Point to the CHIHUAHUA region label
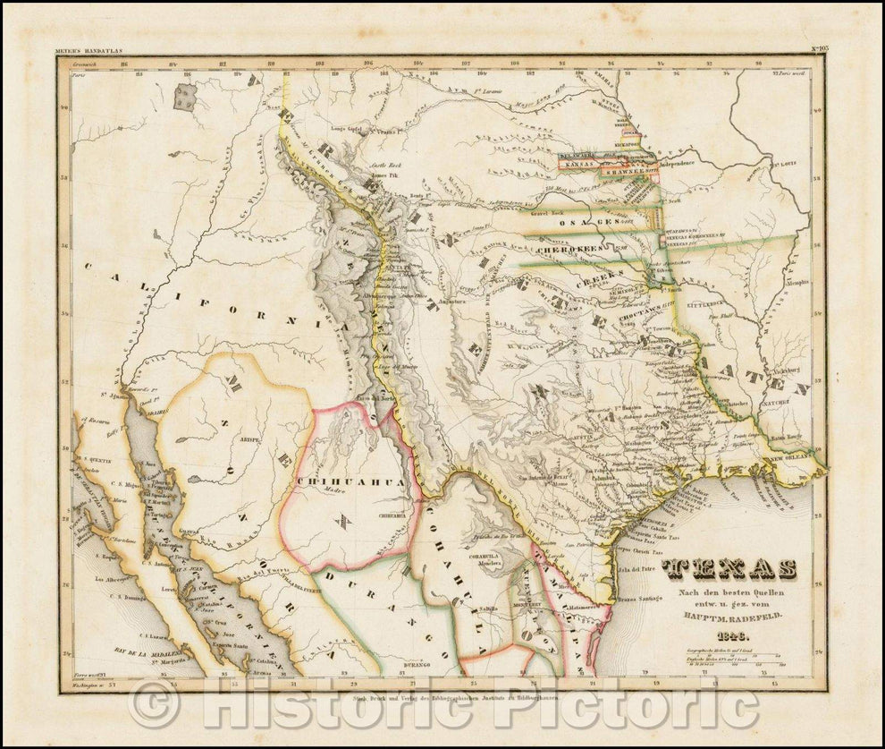[x=350, y=481]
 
